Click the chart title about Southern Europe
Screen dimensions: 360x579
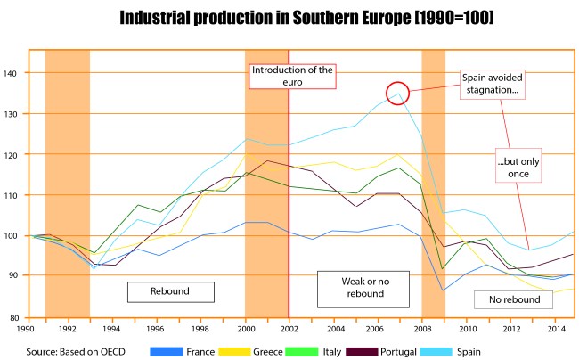(x=289, y=19)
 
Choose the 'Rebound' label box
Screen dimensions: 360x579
(x=170, y=291)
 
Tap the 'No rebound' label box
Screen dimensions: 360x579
(x=514, y=299)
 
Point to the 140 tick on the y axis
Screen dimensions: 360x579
(x=21, y=73)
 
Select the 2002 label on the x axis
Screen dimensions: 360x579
(x=289, y=328)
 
